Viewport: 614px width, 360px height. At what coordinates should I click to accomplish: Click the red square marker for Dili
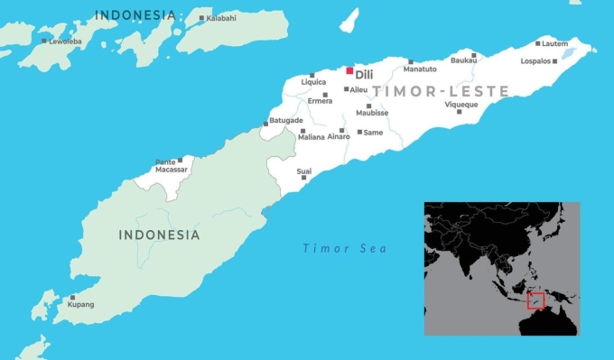pyautogui.click(x=349, y=70)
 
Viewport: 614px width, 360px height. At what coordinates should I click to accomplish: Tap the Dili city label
pyautogui.click(x=364, y=75)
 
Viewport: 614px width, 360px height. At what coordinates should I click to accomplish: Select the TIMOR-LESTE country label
pyautogui.click(x=441, y=92)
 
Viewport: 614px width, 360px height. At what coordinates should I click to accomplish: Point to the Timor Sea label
pyautogui.click(x=344, y=248)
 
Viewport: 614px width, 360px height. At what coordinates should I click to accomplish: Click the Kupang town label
pyautogui.click(x=80, y=305)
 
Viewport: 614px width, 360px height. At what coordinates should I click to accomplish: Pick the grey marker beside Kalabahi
pyautogui.click(x=200, y=16)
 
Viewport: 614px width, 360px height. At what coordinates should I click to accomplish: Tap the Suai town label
pyautogui.click(x=304, y=169)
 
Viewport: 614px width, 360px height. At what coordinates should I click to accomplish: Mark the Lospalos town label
pyautogui.click(x=536, y=61)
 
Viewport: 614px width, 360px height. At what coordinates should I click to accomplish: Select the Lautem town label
pyautogui.click(x=555, y=43)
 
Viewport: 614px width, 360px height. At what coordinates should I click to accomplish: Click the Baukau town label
pyautogui.click(x=463, y=61)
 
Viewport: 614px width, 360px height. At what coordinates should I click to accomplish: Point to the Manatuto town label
pyautogui.click(x=421, y=69)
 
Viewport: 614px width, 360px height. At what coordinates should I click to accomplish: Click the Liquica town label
pyautogui.click(x=312, y=82)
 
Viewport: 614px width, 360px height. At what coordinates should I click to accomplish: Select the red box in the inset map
pyautogui.click(x=535, y=300)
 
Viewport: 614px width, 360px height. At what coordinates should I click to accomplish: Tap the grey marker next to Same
pyautogui.click(x=358, y=132)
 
